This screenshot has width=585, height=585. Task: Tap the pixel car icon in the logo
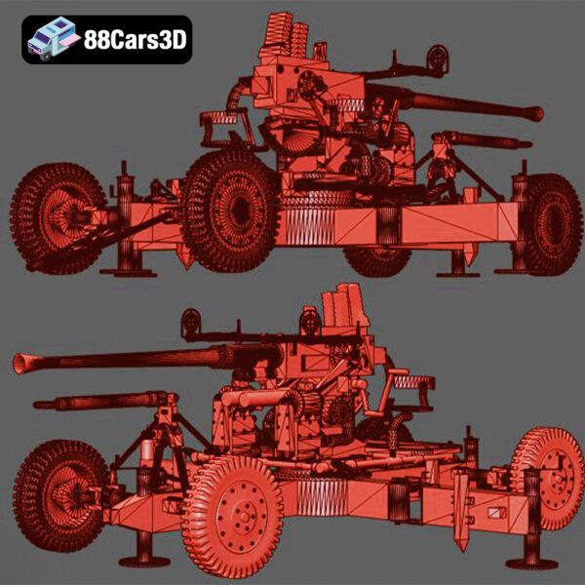coord(52,40)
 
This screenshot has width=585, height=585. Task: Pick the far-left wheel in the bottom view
coord(60,493)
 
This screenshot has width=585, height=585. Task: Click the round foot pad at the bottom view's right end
coord(532,563)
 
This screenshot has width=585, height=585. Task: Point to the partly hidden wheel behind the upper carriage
coord(377,259)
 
